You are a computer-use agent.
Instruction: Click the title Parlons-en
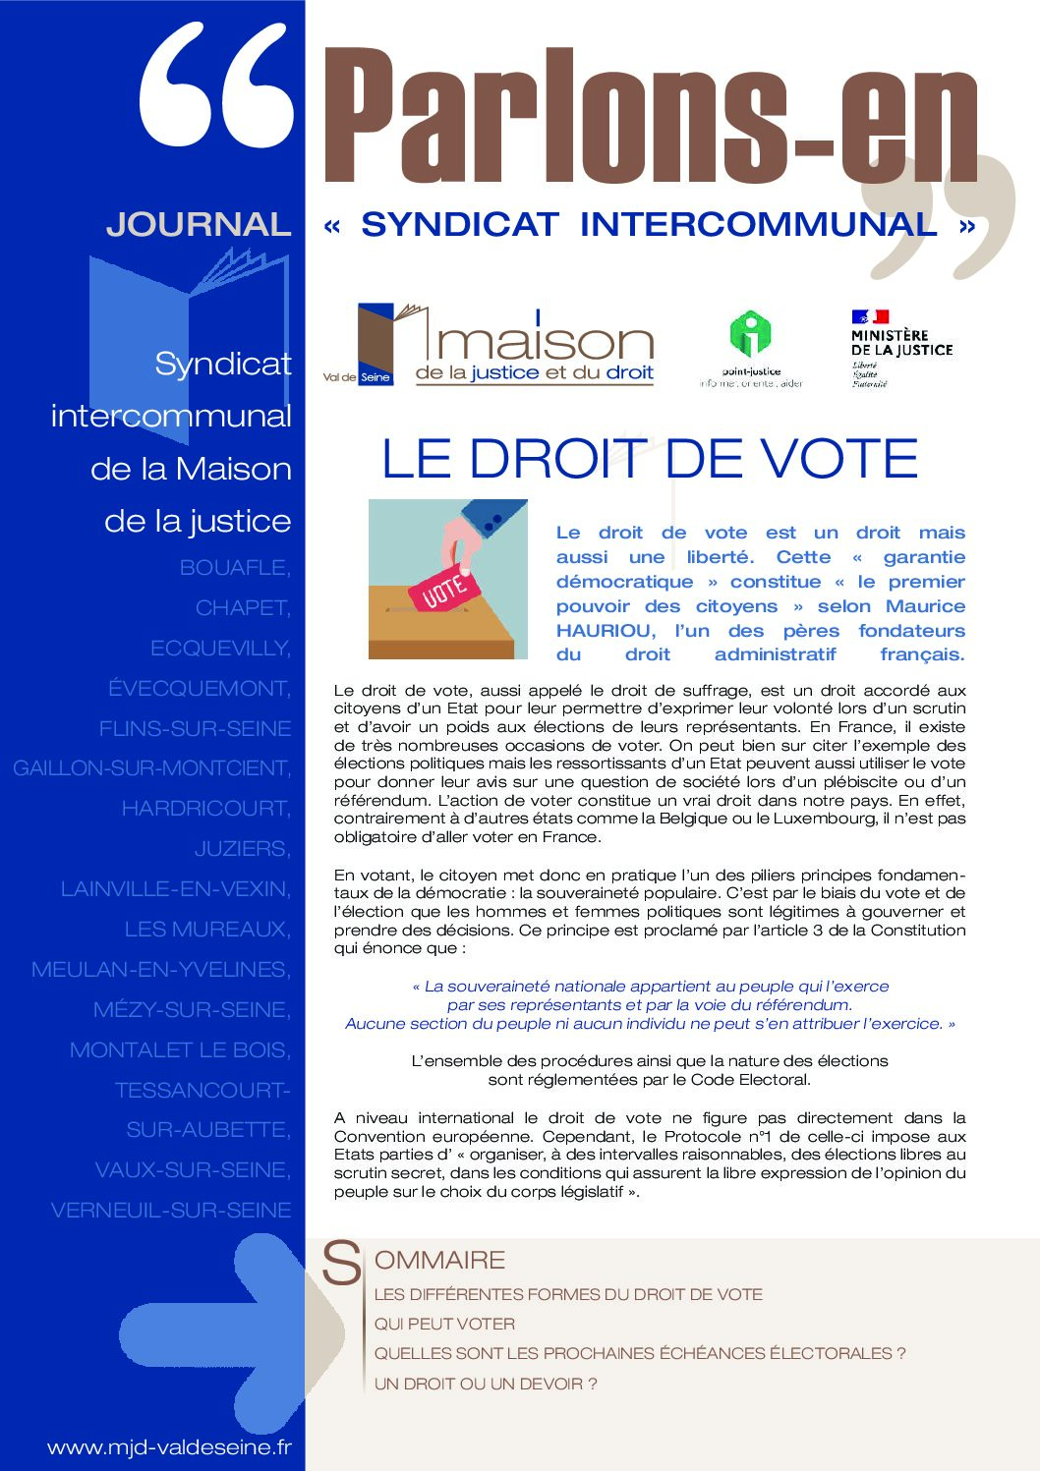click(x=649, y=116)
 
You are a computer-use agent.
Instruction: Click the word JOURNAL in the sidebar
click(x=199, y=224)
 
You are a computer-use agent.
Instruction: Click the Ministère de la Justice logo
click(x=900, y=347)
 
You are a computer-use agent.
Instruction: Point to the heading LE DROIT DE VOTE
click(x=649, y=459)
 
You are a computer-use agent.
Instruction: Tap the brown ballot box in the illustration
click(x=442, y=629)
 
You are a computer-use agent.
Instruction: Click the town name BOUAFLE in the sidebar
click(x=235, y=568)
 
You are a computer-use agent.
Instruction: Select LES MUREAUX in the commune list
click(x=207, y=930)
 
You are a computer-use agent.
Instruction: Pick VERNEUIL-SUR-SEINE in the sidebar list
click(x=171, y=1211)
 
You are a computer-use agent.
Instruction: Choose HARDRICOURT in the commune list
click(x=205, y=809)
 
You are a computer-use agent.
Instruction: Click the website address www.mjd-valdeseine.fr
click(x=169, y=1447)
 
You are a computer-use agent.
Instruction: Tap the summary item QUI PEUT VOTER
click(x=444, y=1324)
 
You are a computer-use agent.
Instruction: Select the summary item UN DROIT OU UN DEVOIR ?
click(x=486, y=1384)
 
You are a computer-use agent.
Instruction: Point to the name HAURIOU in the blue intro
click(x=605, y=631)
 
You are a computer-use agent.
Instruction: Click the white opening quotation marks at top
click(x=216, y=86)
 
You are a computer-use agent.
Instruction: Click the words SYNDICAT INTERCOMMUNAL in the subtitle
click(x=649, y=224)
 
